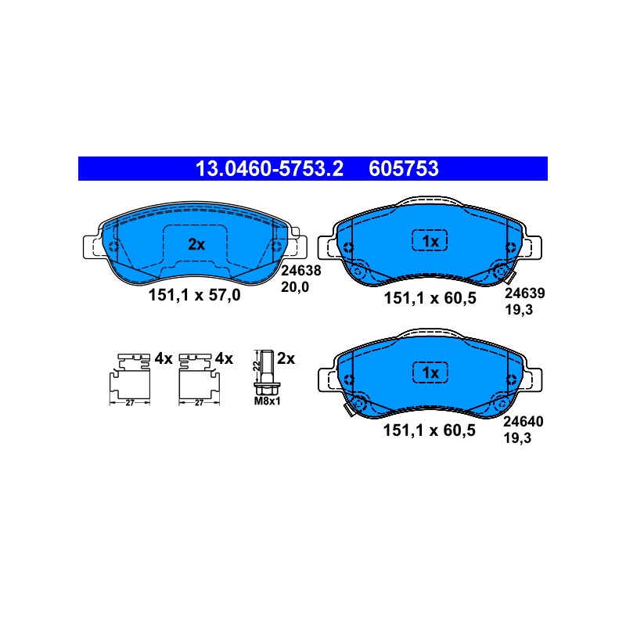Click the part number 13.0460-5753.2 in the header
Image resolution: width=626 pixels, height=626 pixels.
coord(269,168)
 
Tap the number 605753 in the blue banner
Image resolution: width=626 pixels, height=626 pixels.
coord(404,168)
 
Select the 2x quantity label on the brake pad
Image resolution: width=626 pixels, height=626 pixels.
coord(196,244)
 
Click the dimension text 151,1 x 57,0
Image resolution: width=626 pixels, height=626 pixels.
coord(194,296)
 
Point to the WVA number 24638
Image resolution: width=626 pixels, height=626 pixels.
coord(301,271)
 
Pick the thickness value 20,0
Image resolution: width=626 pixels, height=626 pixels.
coord(295,287)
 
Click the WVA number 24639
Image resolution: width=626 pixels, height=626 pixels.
coord(524,293)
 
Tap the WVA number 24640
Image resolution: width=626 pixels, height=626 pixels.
coord(523,422)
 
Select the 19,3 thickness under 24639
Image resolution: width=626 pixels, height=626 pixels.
coord(519,310)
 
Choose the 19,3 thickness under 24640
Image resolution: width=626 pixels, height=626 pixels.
coord(517,438)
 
